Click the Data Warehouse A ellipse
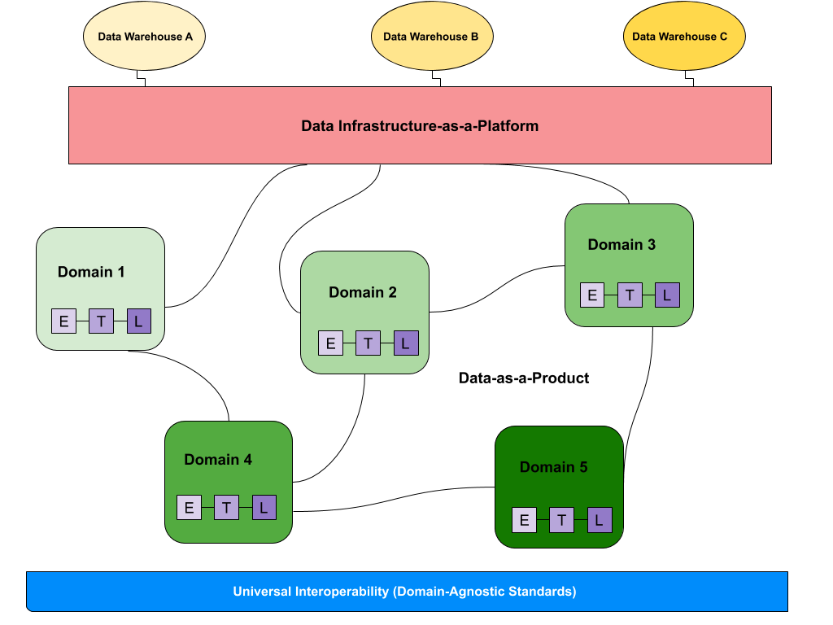pyautogui.click(x=144, y=37)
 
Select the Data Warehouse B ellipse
pyautogui.click(x=431, y=37)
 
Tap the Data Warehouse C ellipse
pyautogui.click(x=683, y=37)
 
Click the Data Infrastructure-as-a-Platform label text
pyautogui.click(x=420, y=126)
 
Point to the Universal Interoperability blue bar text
pyautogui.click(x=404, y=592)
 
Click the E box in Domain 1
pyautogui.click(x=64, y=321)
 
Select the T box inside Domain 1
pyautogui.click(x=101, y=321)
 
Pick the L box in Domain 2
pyautogui.click(x=406, y=343)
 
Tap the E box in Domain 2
pyautogui.click(x=330, y=343)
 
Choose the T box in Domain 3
pyautogui.click(x=630, y=295)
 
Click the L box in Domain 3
pyautogui.click(x=667, y=295)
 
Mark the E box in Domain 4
pyautogui.click(x=189, y=508)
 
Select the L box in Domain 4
pyautogui.click(x=264, y=508)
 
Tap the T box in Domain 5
pyautogui.click(x=561, y=520)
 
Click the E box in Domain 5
pyautogui.click(x=524, y=520)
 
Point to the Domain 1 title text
pyautogui.click(x=91, y=272)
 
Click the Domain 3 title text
pyautogui.click(x=621, y=245)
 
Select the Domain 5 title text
pyautogui.click(x=553, y=467)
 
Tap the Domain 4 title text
pyautogui.click(x=218, y=460)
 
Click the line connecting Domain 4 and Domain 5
pyautogui.click(x=394, y=528)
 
